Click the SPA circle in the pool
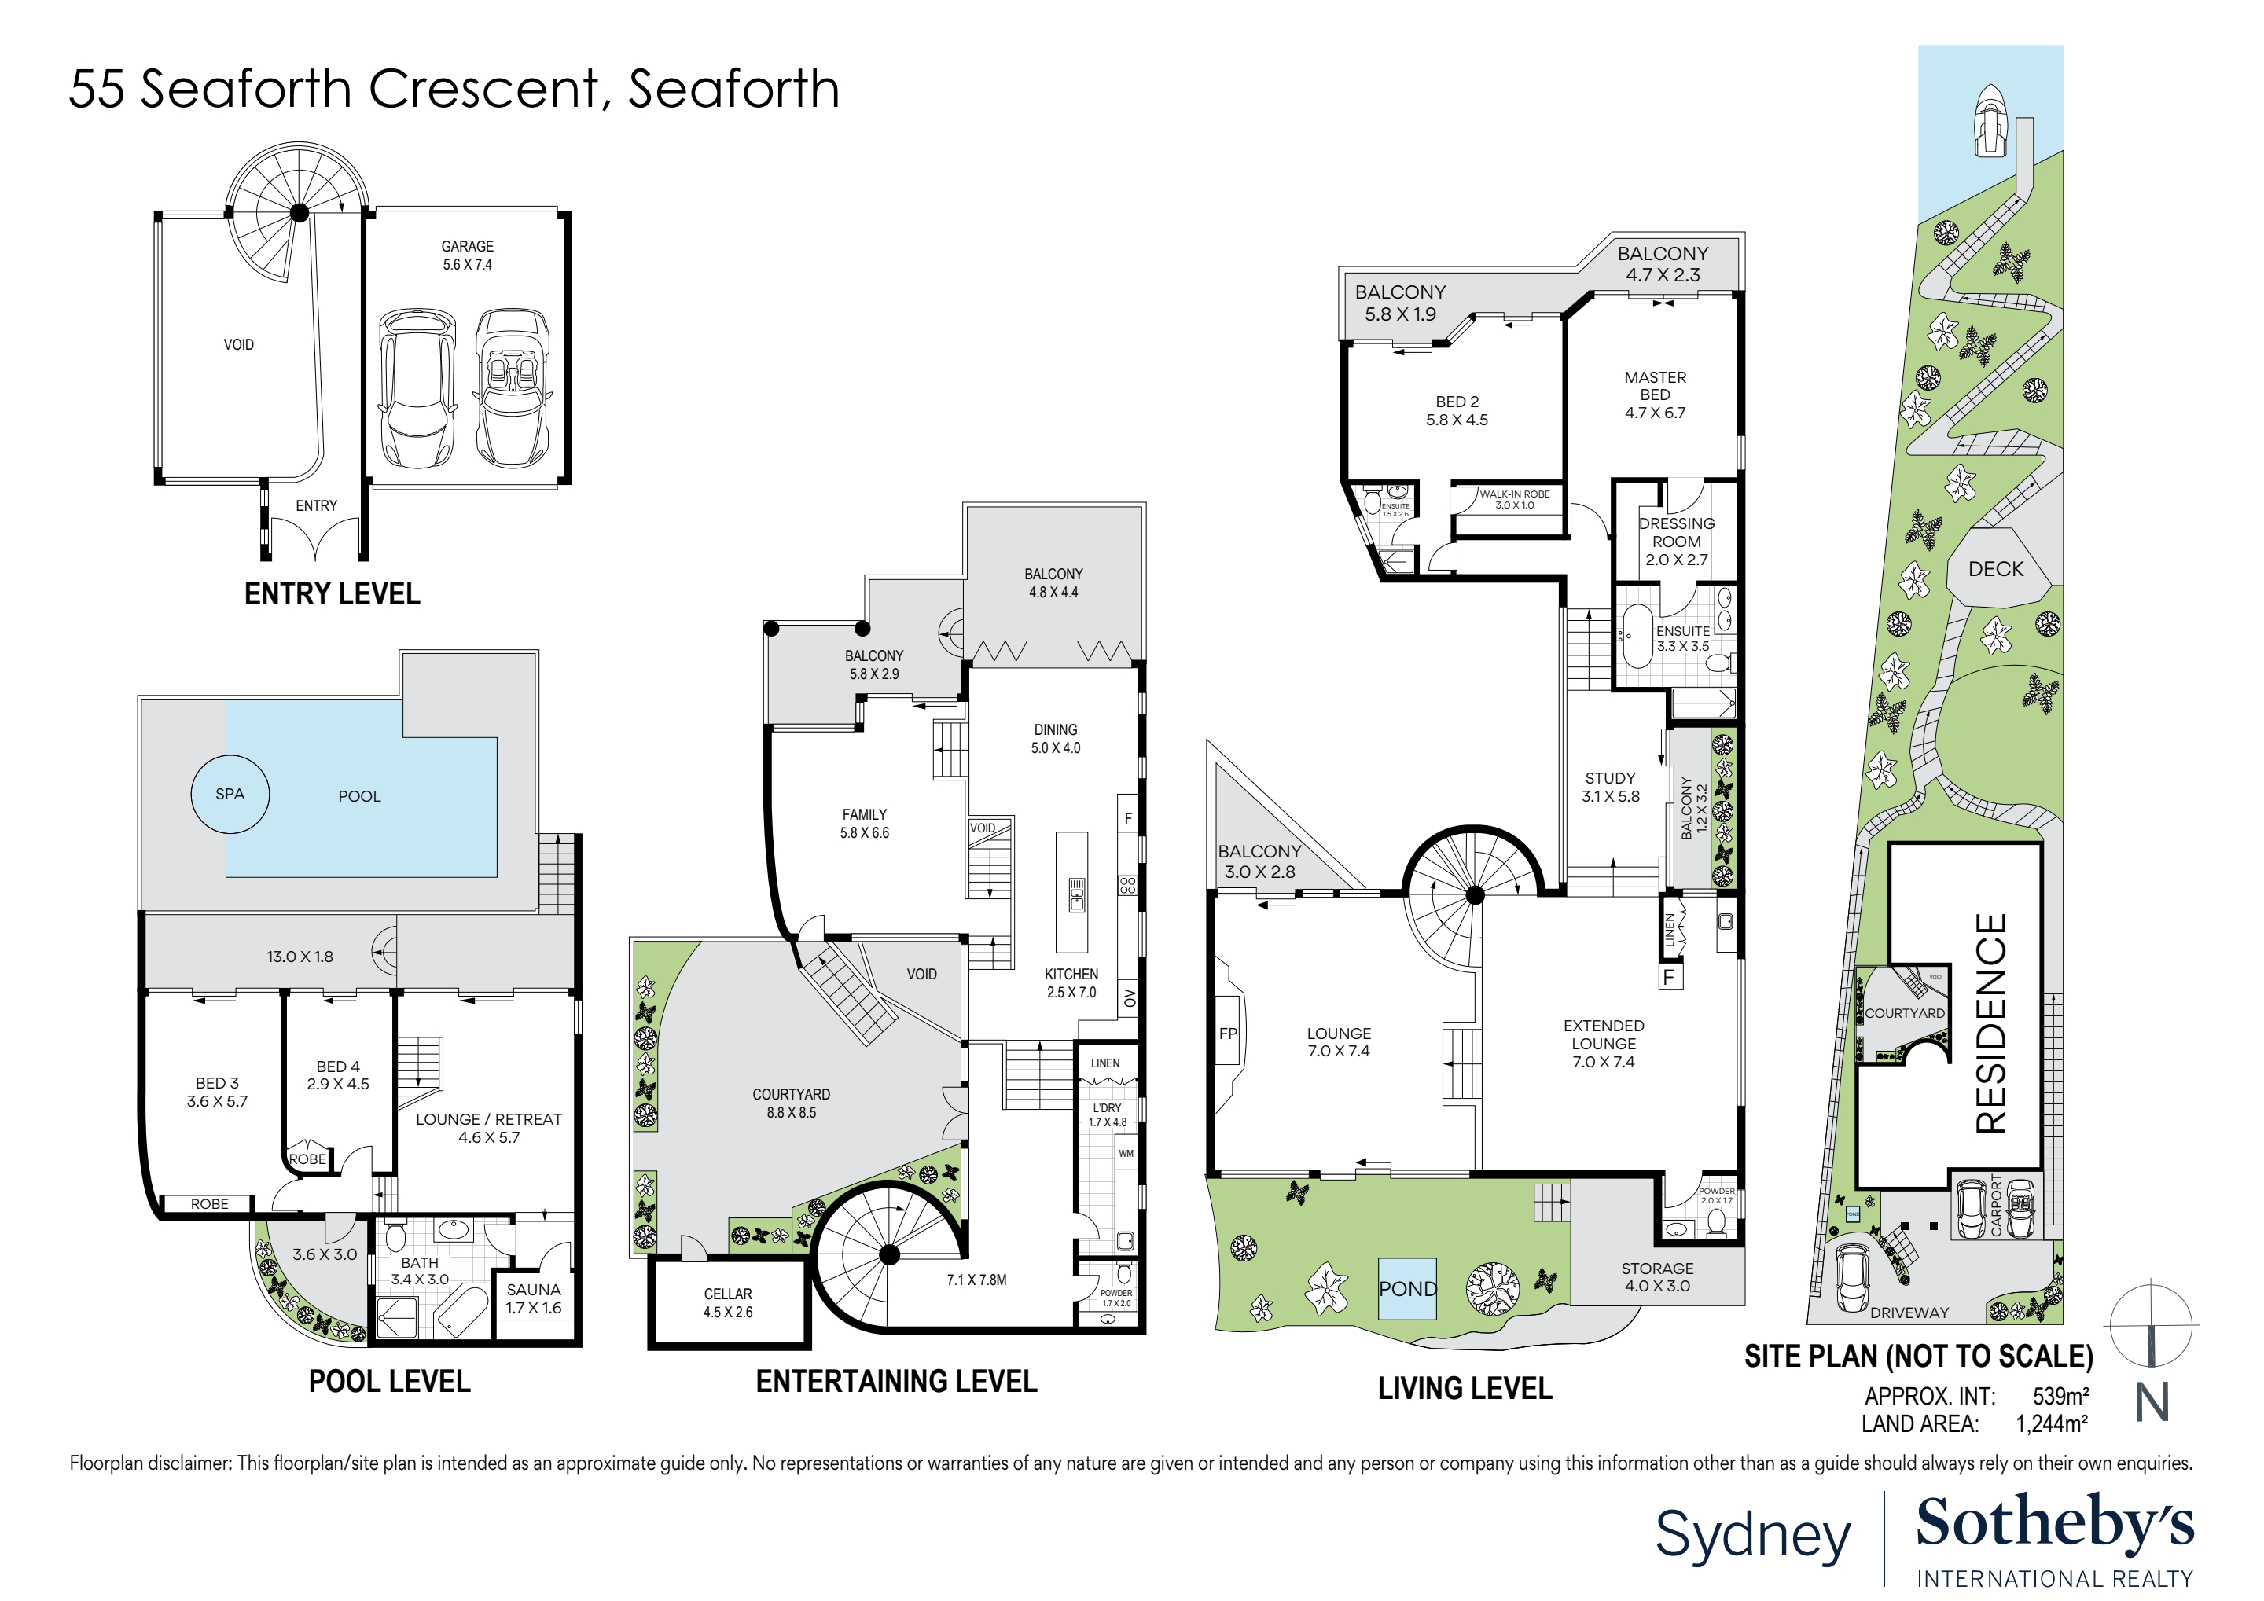click(230, 794)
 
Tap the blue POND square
click(1407, 1288)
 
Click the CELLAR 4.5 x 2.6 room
click(728, 1302)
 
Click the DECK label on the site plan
click(1996, 569)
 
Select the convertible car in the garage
click(512, 388)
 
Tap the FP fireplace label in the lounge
click(1228, 1034)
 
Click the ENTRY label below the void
click(317, 505)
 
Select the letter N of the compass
click(2152, 1402)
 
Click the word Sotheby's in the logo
click(2054, 1525)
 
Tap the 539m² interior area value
click(2060, 1396)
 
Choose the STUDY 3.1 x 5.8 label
click(1610, 787)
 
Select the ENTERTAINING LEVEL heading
click(896, 1381)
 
